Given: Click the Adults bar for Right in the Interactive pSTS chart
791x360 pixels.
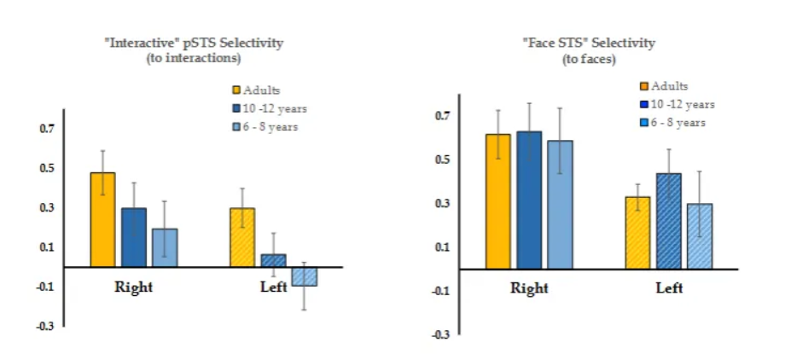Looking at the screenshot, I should (102, 219).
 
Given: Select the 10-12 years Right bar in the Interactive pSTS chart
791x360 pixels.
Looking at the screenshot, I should (132, 237).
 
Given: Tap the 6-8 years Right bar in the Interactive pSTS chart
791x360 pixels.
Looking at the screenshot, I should (164, 247).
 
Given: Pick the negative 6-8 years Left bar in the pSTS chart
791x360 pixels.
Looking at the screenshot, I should (304, 276).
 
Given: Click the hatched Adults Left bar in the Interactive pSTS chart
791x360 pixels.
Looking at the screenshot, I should (242, 237).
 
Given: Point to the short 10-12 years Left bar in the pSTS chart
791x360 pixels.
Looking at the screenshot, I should (273, 260).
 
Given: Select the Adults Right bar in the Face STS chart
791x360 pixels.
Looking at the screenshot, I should (498, 201).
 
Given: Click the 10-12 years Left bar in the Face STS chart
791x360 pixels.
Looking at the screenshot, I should (669, 221).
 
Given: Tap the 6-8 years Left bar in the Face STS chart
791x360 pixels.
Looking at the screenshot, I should (700, 236).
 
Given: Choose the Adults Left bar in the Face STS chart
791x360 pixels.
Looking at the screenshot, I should (637, 233).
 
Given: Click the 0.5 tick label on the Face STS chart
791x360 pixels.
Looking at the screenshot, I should (442, 160).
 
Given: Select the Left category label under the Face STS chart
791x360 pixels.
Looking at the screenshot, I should (669, 288).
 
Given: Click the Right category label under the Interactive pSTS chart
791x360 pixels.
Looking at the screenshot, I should (133, 287).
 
